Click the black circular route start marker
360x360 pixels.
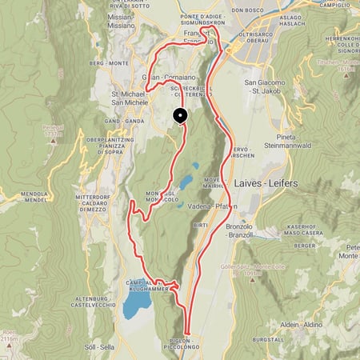(180, 116)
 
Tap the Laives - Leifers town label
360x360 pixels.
(266, 183)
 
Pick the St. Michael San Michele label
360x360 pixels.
(127, 98)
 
